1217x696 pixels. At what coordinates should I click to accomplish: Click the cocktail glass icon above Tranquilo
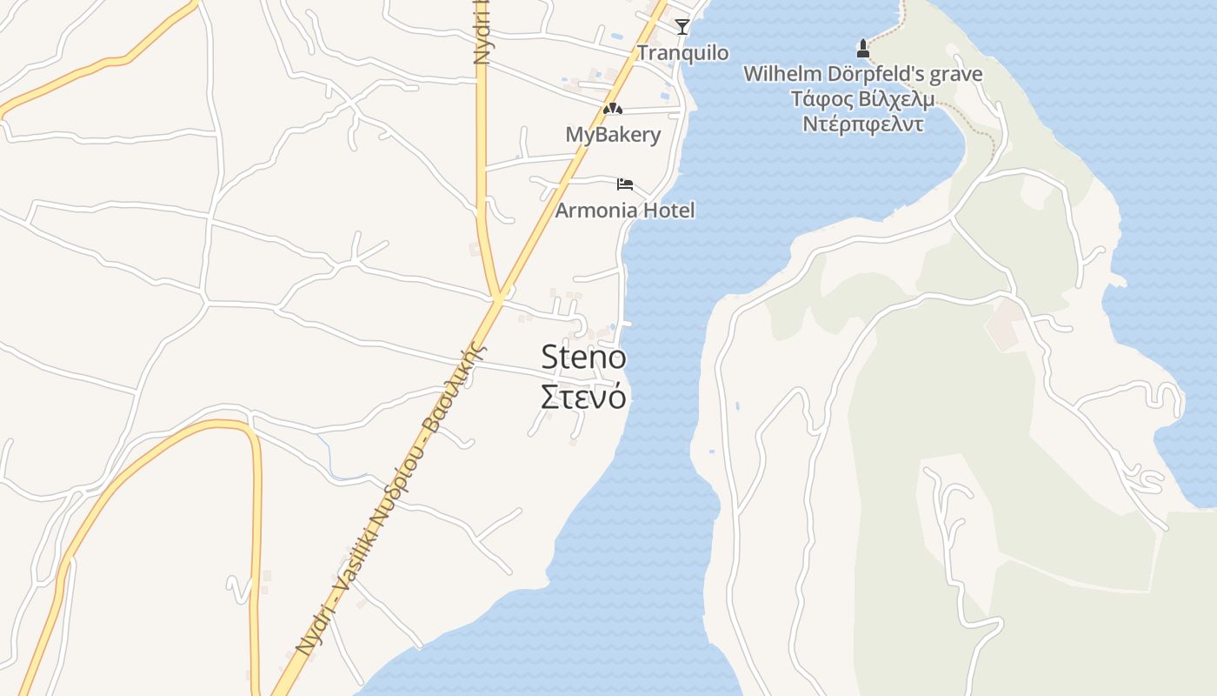[x=682, y=26]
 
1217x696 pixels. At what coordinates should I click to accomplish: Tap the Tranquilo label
[x=682, y=53]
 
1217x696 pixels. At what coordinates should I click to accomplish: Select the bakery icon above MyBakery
[x=613, y=109]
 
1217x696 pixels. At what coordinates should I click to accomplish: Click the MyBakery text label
[x=613, y=135]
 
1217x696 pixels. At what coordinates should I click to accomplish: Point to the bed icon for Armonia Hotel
[x=625, y=184]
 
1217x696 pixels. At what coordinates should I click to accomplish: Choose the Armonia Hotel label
[x=625, y=210]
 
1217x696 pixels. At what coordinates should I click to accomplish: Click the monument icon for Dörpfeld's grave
[x=863, y=48]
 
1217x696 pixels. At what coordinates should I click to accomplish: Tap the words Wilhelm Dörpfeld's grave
[x=862, y=74]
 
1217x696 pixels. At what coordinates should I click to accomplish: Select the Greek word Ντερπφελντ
[x=862, y=124]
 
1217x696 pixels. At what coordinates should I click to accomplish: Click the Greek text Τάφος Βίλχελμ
[x=862, y=98]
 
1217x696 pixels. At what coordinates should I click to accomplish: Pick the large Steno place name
[x=583, y=358]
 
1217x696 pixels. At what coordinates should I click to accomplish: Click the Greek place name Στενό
[x=583, y=397]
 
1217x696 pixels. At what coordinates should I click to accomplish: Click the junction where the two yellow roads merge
[x=498, y=298]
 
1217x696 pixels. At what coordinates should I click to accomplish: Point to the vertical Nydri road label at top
[x=482, y=33]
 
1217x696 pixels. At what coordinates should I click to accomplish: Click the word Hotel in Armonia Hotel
[x=668, y=210]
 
